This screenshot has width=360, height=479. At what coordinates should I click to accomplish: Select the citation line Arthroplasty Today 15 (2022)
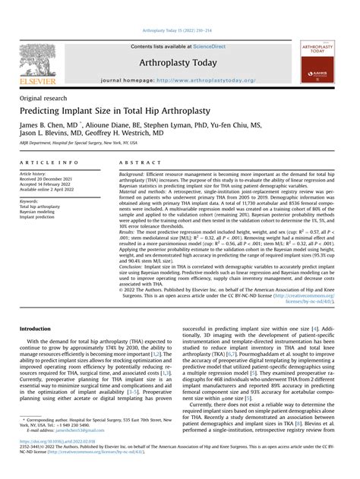pos(179,30)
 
